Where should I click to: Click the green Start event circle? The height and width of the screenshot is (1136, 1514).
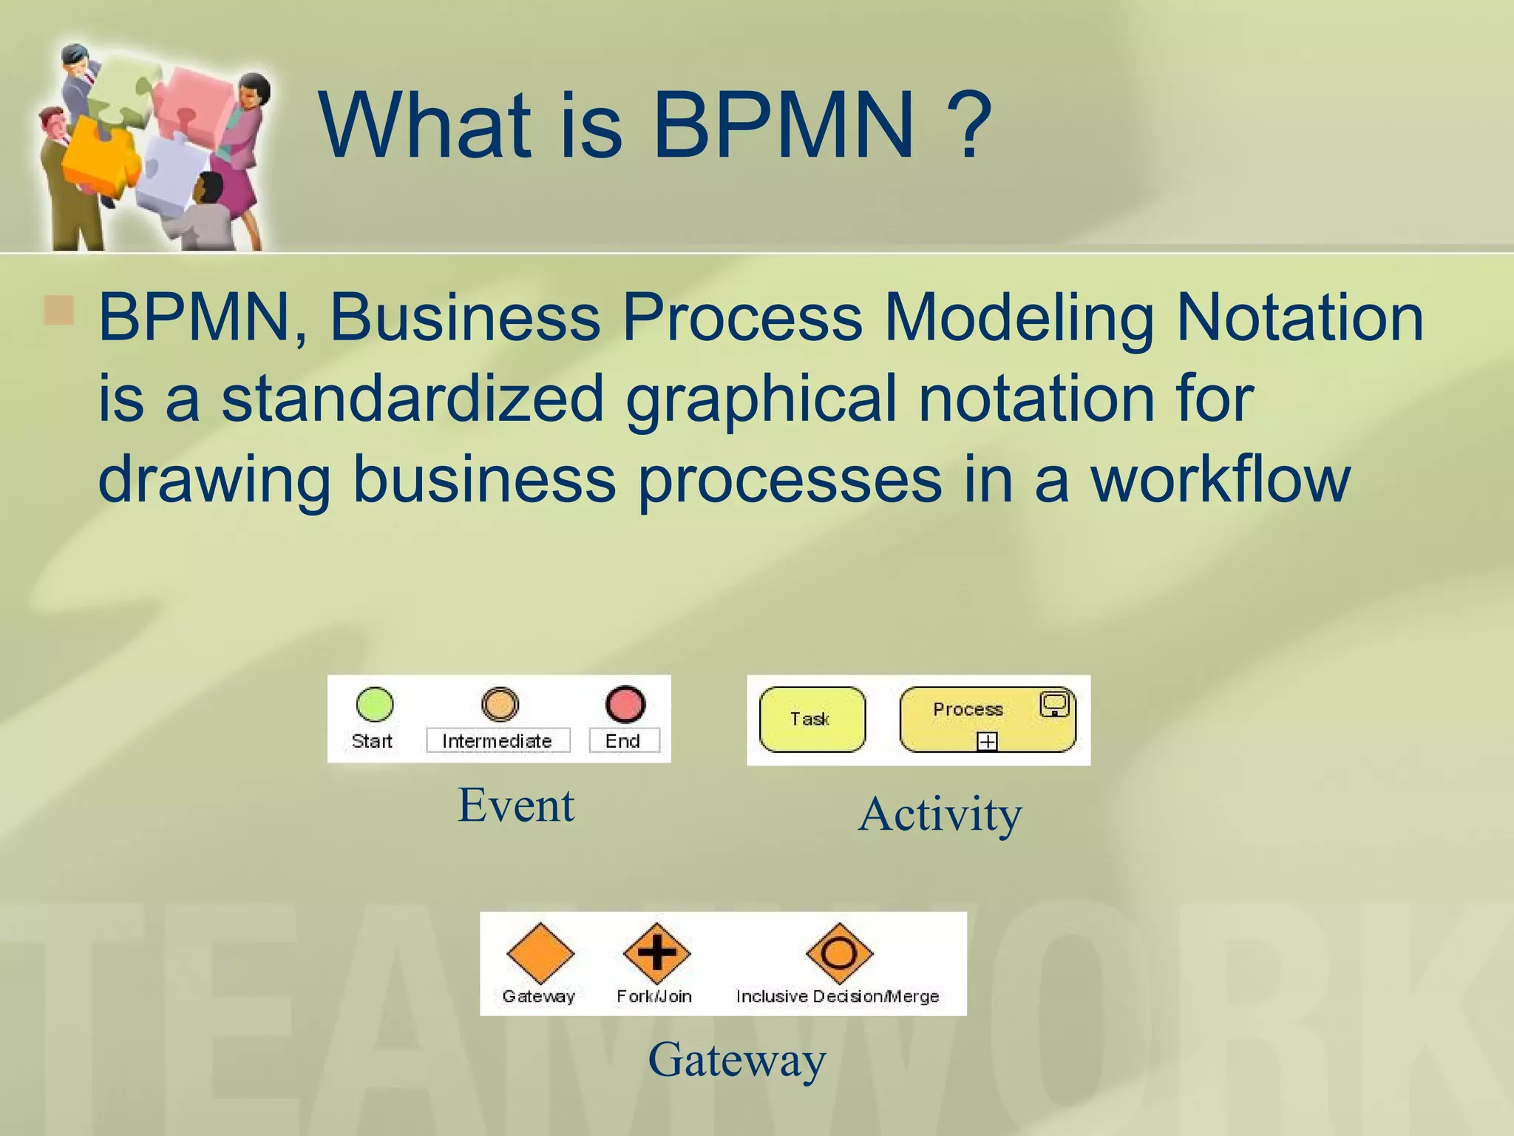click(375, 704)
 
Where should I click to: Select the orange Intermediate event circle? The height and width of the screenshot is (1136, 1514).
click(500, 704)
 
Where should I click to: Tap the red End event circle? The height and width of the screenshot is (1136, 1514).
click(625, 704)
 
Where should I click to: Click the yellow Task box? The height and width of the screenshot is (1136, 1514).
click(812, 720)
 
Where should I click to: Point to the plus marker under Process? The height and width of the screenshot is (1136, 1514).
click(988, 740)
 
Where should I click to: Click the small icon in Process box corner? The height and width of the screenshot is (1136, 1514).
click(1054, 703)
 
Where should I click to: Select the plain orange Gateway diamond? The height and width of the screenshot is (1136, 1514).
click(540, 953)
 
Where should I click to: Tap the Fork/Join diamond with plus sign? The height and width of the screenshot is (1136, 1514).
click(656, 953)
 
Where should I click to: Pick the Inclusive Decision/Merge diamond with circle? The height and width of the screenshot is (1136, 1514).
click(839, 953)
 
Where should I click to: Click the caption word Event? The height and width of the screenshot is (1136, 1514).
click(516, 805)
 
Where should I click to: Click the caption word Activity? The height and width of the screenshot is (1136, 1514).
click(940, 815)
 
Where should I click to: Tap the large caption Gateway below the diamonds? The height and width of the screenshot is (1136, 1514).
click(737, 1060)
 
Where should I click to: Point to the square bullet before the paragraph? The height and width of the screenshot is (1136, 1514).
click(59, 311)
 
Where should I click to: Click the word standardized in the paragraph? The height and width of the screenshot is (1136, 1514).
click(413, 398)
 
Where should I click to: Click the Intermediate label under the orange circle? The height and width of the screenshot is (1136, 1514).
click(498, 741)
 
